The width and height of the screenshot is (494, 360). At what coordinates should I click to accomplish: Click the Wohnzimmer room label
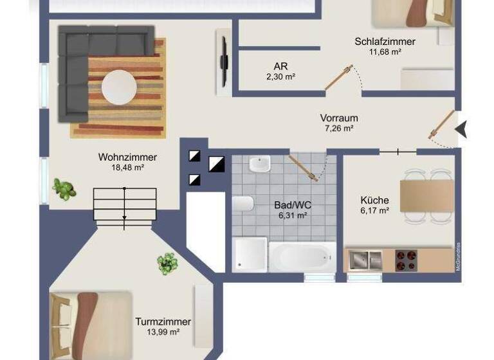tap(127, 157)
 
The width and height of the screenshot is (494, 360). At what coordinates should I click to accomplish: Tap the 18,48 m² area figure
tap(127, 168)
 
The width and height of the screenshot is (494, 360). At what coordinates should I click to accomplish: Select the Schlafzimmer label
tap(385, 42)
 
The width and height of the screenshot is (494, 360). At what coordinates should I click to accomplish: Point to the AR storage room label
tap(280, 66)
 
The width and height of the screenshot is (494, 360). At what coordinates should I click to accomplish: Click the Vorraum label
tap(339, 118)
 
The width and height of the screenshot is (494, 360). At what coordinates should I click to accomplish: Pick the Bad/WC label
tap(293, 205)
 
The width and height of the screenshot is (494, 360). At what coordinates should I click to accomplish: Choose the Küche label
tap(374, 200)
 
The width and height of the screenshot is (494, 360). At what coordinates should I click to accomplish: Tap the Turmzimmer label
tap(163, 321)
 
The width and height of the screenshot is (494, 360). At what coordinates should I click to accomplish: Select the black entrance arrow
tap(461, 130)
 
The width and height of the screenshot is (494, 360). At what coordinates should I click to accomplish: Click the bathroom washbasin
tap(260, 165)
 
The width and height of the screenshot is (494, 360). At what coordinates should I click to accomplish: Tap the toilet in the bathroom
tap(242, 204)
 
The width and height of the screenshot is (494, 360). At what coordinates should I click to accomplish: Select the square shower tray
tap(249, 255)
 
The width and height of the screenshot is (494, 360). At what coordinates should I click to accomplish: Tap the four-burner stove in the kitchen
tap(405, 260)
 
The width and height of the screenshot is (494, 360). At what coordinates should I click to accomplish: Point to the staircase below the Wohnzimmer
tap(125, 204)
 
